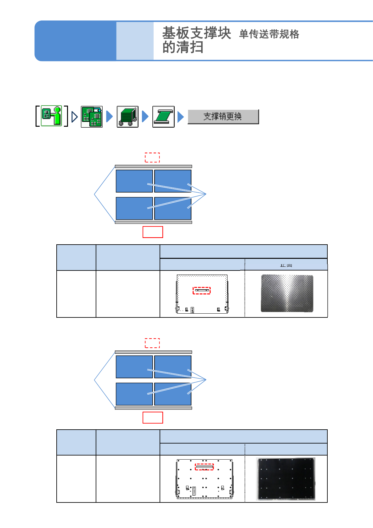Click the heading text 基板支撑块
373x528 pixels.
click(196, 33)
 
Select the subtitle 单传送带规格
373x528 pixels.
click(269, 34)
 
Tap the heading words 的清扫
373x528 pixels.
click(183, 48)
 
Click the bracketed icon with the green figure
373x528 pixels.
click(52, 116)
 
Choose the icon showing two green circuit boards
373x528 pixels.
click(92, 117)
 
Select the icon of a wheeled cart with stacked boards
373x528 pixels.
click(127, 117)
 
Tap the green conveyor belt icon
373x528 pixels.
click(163, 117)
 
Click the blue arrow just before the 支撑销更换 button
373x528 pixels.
click(180, 117)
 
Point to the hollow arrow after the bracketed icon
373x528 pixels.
click(74, 117)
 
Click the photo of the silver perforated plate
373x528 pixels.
click(287, 293)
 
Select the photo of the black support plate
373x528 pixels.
click(286, 479)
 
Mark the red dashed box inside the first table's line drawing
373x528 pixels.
click(201, 290)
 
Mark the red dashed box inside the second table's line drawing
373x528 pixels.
click(204, 467)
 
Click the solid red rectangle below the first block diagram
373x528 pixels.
click(153, 232)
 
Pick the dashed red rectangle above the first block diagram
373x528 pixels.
click(152, 157)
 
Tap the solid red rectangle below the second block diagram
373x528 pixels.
click(153, 418)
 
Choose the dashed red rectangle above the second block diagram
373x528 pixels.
click(152, 343)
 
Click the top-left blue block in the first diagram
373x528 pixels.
click(134, 181)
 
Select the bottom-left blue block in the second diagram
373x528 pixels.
click(134, 394)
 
